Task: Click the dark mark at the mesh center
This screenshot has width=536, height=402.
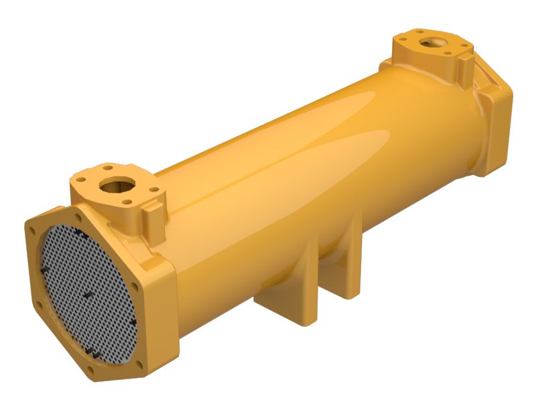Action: (x=88, y=295)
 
